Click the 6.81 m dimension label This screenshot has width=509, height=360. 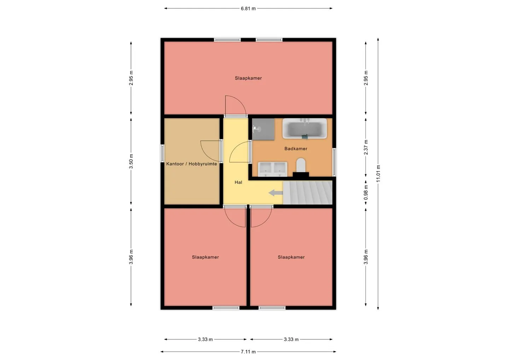248,8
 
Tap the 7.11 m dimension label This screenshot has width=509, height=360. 248,352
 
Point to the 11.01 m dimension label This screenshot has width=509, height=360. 378,173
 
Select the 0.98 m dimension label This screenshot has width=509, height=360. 365,192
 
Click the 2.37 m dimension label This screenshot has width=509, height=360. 365,147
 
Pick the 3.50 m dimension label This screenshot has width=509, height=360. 131,161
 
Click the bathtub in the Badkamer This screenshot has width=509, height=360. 304,128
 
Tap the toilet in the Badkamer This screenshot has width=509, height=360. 301,165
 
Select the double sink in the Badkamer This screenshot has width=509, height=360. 273,169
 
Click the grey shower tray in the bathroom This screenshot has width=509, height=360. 263,129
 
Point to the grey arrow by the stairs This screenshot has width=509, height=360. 276,193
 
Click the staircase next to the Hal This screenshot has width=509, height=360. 308,192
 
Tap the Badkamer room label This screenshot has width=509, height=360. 296,149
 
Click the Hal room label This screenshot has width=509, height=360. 238,182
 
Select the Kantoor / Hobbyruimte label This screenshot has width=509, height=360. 192,164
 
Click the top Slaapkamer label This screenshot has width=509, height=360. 248,78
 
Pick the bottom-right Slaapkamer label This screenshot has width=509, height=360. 291,257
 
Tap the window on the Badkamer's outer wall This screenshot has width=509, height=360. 334,162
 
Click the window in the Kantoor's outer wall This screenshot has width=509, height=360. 162,153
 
